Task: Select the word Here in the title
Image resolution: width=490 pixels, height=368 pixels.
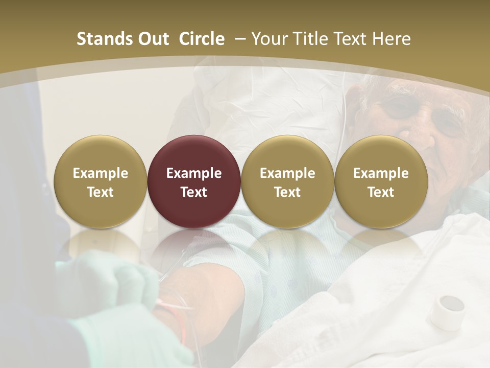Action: pyautogui.click(x=393, y=39)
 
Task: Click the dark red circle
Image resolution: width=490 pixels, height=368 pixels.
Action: pyautogui.click(x=194, y=181)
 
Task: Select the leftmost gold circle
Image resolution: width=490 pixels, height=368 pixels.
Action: pyautogui.click(x=101, y=181)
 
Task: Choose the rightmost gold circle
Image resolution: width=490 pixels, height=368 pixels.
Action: pyautogui.click(x=381, y=181)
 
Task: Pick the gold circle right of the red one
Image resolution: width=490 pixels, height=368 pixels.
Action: pyautogui.click(x=287, y=181)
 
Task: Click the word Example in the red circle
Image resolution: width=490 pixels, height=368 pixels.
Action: pyautogui.click(x=194, y=173)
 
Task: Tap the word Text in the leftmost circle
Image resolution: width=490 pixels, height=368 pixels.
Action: pyautogui.click(x=101, y=192)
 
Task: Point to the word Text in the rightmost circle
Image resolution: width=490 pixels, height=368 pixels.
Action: pyautogui.click(x=381, y=192)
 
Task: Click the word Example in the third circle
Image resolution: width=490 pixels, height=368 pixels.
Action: pyautogui.click(x=287, y=173)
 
